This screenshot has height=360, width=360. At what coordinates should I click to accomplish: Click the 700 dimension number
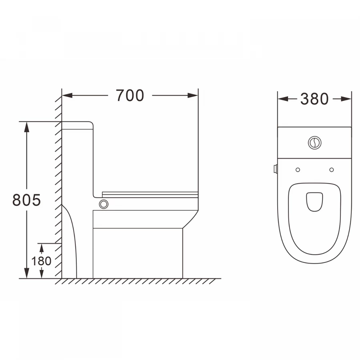tap(130, 95)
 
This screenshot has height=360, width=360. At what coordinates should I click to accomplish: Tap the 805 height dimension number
tap(26, 200)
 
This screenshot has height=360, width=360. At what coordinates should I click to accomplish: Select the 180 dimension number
tap(41, 261)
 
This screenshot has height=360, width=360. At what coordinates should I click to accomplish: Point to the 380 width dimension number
tap(314, 99)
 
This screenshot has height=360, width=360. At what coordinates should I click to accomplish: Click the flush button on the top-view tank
tap(314, 142)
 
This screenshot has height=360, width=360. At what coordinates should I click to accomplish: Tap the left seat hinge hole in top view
tap(298, 170)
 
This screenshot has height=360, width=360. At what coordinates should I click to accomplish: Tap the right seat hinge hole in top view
tap(332, 170)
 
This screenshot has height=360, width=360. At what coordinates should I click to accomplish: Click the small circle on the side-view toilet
tap(104, 204)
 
